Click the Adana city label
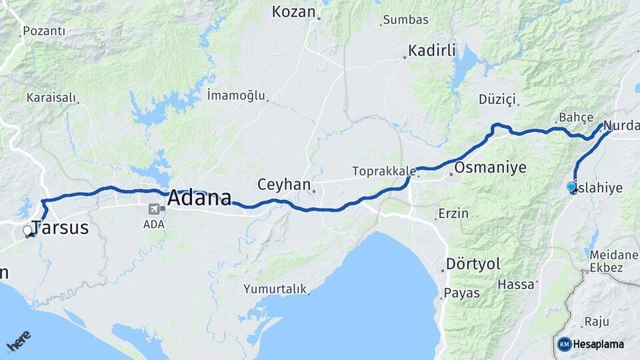pyautogui.click(x=199, y=197)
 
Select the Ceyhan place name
pyautogui.click(x=284, y=184)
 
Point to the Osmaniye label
pyautogui.click(x=490, y=167)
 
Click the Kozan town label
pyautogui.click(x=295, y=11)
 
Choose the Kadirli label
pyautogui.click(x=431, y=51)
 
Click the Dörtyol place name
pyautogui.click(x=473, y=264)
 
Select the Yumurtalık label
pyautogui.click(x=275, y=289)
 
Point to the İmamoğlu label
pyautogui.click(x=236, y=95)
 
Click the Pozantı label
pyautogui.click(x=44, y=31)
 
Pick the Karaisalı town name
pyautogui.click(x=51, y=97)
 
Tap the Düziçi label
pyautogui.click(x=497, y=99)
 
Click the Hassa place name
pyautogui.click(x=516, y=284)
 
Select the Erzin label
pyautogui.click(x=453, y=214)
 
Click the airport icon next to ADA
pyautogui.click(x=154, y=209)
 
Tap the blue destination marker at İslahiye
pyautogui.click(x=571, y=187)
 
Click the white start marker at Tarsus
pyautogui.click(x=27, y=231)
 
